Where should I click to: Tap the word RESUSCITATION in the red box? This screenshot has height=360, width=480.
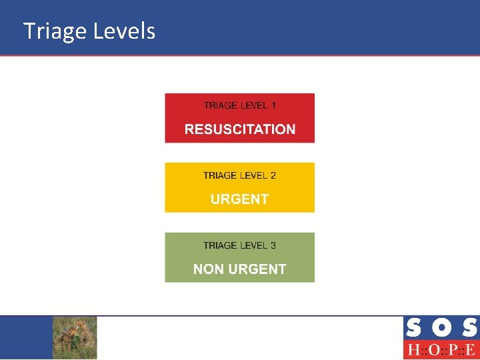tap(240, 129)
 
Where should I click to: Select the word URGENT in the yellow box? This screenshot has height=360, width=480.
tap(240, 199)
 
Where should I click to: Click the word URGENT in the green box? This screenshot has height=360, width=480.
tap(256, 269)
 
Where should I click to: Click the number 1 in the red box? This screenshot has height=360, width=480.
tap(273, 105)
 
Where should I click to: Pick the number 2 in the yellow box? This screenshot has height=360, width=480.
tap(273, 175)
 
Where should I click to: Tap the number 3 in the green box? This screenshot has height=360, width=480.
tap(273, 245)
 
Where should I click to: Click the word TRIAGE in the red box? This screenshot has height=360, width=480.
tap(221, 105)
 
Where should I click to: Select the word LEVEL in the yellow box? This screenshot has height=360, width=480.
tap(254, 175)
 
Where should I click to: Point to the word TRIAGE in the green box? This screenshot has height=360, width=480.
tap(221, 245)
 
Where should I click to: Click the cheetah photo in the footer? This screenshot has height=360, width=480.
tap(75, 337)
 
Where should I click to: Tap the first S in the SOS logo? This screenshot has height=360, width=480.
tap(413, 328)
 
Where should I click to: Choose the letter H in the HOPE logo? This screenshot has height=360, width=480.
tap(413, 350)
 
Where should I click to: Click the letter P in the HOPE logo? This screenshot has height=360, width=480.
tap(453, 350)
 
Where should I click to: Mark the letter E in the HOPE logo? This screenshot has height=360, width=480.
tap(471, 350)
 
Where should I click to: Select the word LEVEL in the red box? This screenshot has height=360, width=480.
tap(254, 105)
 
